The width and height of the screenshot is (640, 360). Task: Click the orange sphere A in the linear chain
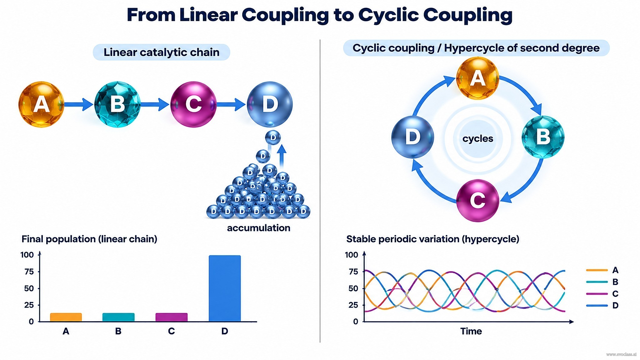tap(41, 104)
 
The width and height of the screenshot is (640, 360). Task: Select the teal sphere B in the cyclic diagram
tap(543, 137)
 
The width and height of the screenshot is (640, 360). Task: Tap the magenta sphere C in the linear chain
tap(193, 104)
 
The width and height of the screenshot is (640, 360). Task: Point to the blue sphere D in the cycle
tap(412, 137)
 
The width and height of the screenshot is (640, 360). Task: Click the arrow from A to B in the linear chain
tap(79, 104)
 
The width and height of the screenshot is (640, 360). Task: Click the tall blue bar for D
tap(225, 288)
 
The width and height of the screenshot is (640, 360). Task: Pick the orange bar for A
tap(66, 317)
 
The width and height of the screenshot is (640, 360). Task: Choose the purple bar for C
tap(172, 317)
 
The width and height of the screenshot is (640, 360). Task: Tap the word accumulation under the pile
tap(258, 228)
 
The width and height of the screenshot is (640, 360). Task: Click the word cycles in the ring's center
tap(477, 138)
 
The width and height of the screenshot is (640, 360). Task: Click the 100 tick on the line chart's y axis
tap(352, 255)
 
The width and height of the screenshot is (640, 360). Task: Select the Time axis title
tap(471, 331)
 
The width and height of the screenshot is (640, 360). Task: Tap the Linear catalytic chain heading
tap(162, 52)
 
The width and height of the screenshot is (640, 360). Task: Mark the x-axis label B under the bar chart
tap(118, 331)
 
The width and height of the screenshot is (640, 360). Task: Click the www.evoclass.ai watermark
tap(621, 354)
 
